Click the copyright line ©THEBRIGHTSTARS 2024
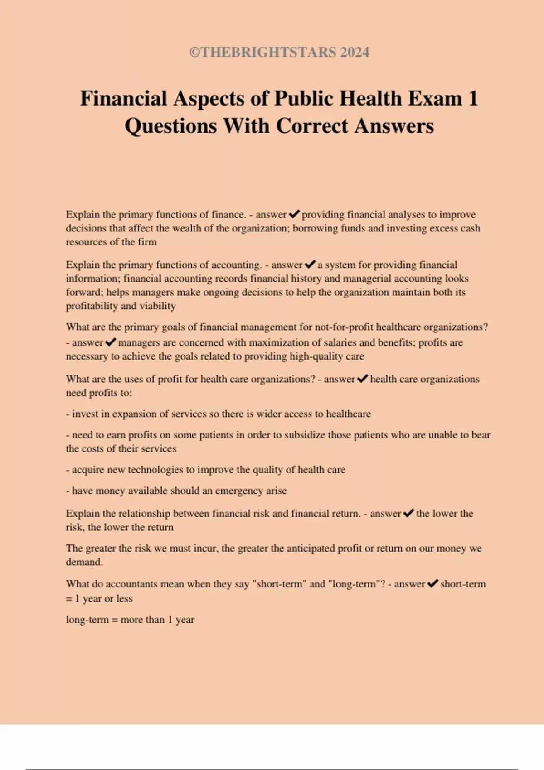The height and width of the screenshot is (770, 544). point(279,52)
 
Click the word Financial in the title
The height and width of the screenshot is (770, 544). point(124,98)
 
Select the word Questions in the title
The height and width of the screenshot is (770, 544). point(171,126)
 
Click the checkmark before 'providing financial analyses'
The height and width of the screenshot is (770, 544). point(294,214)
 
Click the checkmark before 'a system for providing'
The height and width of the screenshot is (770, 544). point(310,264)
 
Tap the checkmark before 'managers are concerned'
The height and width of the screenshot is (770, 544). point(111,342)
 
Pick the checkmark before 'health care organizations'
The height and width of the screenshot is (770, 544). point(362,379)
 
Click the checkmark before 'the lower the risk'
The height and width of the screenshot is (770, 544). point(408,513)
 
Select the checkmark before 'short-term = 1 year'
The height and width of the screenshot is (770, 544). point(432,583)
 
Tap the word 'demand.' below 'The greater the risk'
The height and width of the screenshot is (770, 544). point(84,562)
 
